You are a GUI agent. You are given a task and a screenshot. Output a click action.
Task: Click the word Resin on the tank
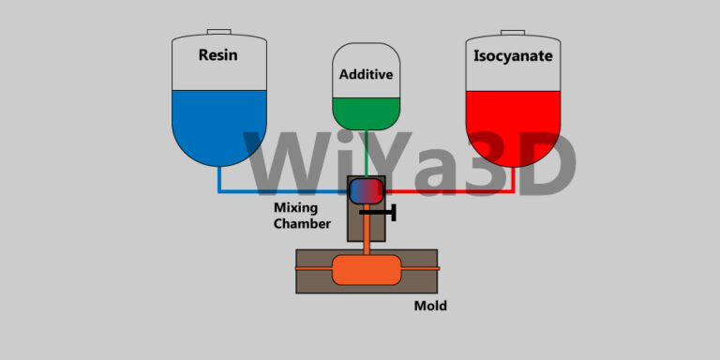(x=217, y=55)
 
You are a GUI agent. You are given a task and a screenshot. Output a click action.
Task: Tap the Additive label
(x=366, y=74)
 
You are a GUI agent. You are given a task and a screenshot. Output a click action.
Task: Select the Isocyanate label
(x=513, y=56)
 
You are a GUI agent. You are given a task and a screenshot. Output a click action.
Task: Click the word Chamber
(x=302, y=224)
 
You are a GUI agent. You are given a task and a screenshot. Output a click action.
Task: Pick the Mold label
(x=430, y=306)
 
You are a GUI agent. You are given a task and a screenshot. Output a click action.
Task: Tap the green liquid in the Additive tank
(x=367, y=112)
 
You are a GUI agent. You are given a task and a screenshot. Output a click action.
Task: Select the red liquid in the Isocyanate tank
(x=513, y=122)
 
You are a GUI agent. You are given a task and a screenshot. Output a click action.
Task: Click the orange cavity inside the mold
(x=367, y=271)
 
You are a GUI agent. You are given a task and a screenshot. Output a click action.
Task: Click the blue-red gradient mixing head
(x=367, y=190)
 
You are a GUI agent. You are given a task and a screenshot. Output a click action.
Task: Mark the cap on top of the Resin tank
(x=218, y=33)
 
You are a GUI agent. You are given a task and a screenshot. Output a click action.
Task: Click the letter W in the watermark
(x=282, y=164)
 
